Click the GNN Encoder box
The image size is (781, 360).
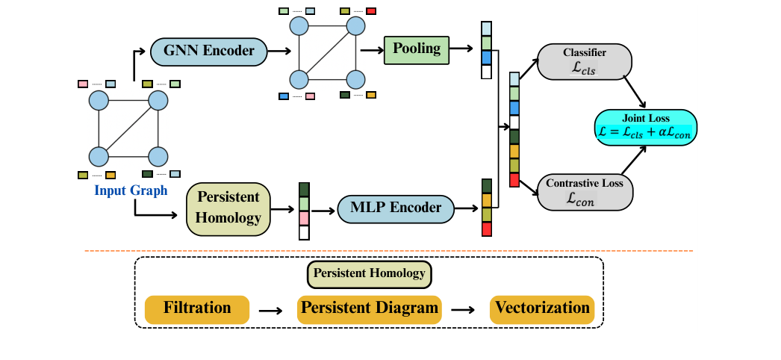(208, 52)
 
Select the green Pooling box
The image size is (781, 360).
(417, 50)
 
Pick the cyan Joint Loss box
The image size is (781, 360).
(646, 126)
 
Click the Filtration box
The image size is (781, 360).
(198, 308)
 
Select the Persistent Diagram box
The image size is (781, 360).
(370, 308)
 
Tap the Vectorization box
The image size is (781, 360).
(542, 308)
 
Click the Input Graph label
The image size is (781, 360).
(131, 190)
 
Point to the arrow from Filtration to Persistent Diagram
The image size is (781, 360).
(270, 310)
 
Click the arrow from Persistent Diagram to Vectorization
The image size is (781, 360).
(463, 310)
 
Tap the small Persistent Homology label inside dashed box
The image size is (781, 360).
(370, 273)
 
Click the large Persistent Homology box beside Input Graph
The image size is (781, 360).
(228, 208)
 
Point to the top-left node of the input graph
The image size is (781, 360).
(99, 100)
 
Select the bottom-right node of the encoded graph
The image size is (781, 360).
(355, 79)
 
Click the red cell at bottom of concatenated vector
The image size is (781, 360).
(514, 180)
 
